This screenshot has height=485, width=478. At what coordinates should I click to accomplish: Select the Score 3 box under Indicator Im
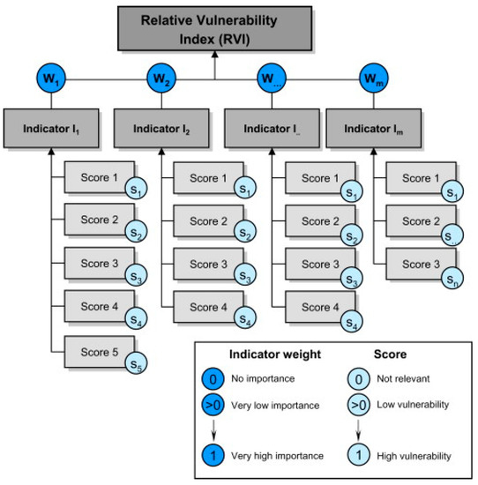pyautogui.click(x=417, y=264)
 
